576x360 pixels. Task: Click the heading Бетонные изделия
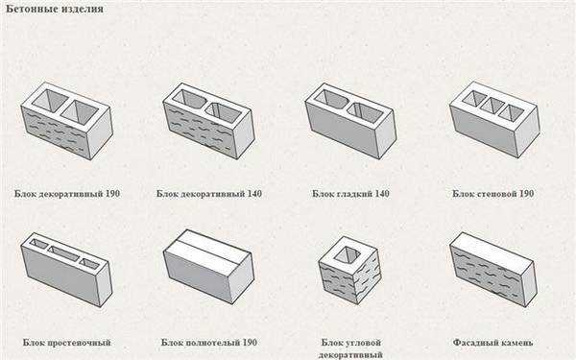pos(55,9)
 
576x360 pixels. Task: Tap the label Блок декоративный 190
pos(67,194)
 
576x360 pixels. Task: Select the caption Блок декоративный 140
pos(209,194)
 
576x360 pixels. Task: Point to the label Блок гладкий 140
pos(350,194)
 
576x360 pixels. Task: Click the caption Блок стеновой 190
pos(493,194)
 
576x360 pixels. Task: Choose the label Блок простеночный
pos(66,343)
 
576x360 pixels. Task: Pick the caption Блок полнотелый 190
pos(209,343)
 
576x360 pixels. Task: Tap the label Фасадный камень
pos(492,343)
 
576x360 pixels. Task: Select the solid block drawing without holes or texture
pos(208,266)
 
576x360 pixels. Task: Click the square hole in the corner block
pos(348,254)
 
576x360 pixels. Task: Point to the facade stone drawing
pos(492,269)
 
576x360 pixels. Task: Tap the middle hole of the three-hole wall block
pos(492,105)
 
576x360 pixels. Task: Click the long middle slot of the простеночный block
pos(64,253)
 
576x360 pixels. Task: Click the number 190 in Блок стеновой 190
pos(526,194)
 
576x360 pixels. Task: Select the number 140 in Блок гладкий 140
pos(380,194)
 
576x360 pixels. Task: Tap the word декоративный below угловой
pos(350,355)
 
